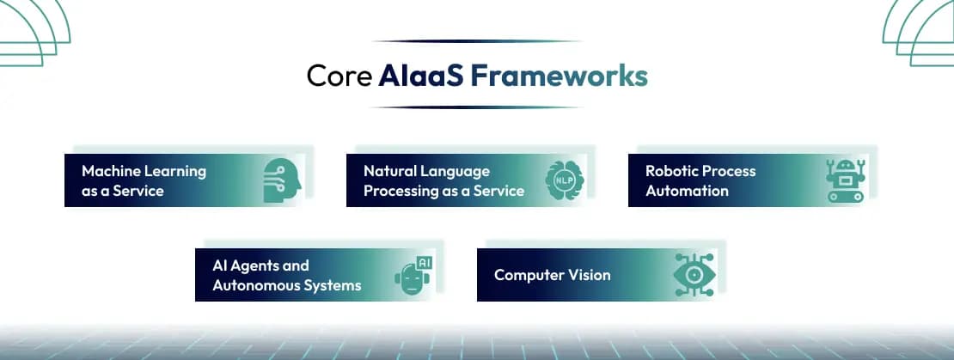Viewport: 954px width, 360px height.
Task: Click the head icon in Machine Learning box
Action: click(x=279, y=180)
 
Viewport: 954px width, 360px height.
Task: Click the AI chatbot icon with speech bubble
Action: click(x=413, y=275)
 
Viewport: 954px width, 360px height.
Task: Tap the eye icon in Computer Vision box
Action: click(x=694, y=275)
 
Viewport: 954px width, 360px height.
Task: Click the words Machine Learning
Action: click(x=144, y=171)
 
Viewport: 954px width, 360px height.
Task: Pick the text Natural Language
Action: click(x=426, y=171)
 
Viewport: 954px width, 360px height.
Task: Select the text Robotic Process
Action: click(x=700, y=171)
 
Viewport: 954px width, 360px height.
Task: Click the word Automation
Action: click(x=687, y=191)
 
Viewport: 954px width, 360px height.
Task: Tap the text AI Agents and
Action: click(x=260, y=265)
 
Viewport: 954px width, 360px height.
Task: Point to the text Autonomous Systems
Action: click(x=286, y=285)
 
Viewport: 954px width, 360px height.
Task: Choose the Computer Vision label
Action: click(x=552, y=276)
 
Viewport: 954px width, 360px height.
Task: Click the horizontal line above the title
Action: click(x=477, y=41)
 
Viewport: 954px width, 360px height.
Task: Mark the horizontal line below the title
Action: click(x=477, y=107)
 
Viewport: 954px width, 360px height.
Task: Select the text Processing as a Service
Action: click(x=443, y=191)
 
